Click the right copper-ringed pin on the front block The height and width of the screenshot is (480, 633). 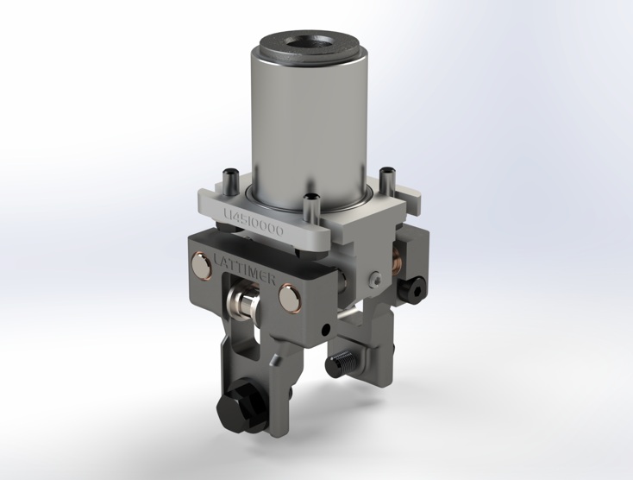click(290, 300)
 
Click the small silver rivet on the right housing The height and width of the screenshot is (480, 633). click(374, 279)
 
